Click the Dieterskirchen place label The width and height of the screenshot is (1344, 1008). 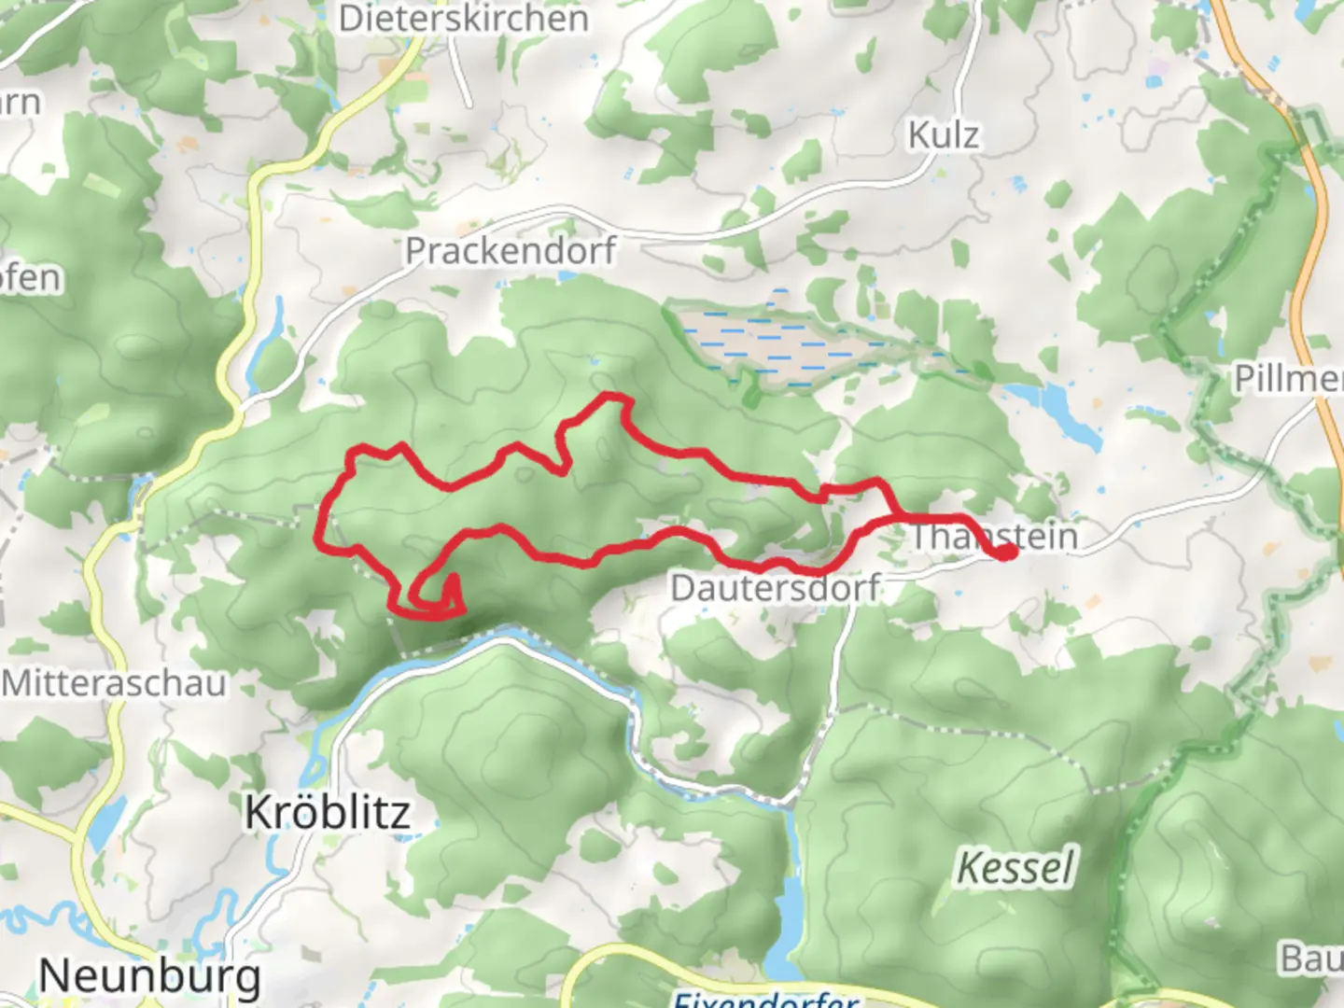tap(464, 19)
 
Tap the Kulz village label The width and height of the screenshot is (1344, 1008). tap(944, 135)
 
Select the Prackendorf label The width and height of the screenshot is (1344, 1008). tap(511, 250)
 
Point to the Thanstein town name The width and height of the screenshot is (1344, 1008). tap(994, 536)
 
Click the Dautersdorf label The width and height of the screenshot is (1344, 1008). tap(775, 588)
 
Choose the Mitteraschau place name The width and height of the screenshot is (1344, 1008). tap(114, 683)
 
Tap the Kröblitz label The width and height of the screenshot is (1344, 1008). tap(328, 812)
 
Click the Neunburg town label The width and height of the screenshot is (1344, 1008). tap(149, 976)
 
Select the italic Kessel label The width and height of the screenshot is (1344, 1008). tap(1016, 868)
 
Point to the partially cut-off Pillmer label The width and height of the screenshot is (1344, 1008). tap(1289, 379)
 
